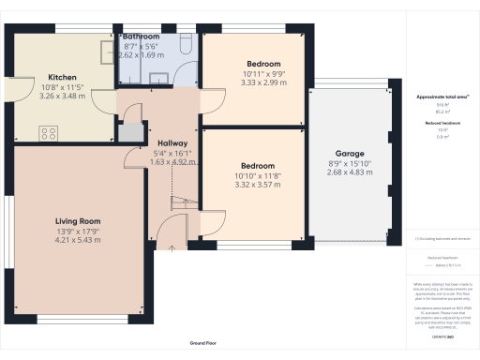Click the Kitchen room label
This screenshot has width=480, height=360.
(62, 78)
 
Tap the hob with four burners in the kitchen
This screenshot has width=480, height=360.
(47, 133)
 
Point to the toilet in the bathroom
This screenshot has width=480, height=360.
(185, 45)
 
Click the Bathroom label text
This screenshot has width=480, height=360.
(142, 37)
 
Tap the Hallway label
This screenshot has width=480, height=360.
(172, 143)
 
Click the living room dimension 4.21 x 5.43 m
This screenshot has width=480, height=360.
(78, 241)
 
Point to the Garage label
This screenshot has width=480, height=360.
(350, 153)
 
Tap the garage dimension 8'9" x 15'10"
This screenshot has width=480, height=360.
(350, 162)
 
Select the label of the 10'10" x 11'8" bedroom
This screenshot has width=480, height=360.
(256, 165)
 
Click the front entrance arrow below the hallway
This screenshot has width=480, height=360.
(172, 247)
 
